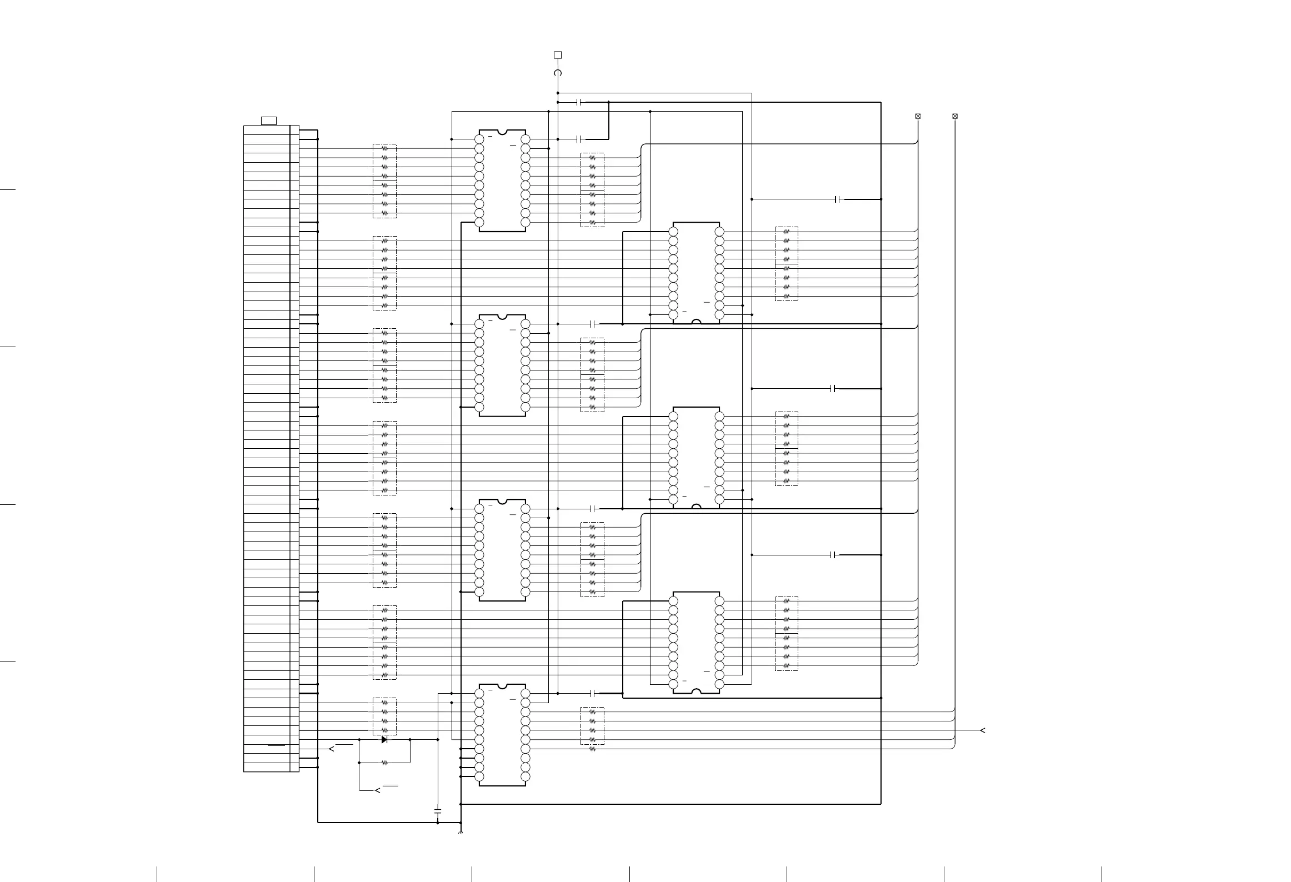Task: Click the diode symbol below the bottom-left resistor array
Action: pyautogui.click(x=384, y=740)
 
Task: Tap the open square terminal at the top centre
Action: pyautogui.click(x=558, y=55)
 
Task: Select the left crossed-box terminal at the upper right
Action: pyautogui.click(x=918, y=116)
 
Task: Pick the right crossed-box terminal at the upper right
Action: pyautogui.click(x=955, y=116)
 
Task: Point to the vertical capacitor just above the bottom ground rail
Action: pyautogui.click(x=438, y=811)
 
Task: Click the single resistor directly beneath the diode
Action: pyautogui.click(x=384, y=763)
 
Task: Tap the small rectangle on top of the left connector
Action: pyautogui.click(x=269, y=121)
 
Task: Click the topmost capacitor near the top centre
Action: pyautogui.click(x=581, y=102)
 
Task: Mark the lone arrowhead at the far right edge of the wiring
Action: pyautogui.click(x=982, y=730)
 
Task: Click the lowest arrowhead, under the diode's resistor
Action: pyautogui.click(x=378, y=790)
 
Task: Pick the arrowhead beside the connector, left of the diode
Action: pyautogui.click(x=332, y=749)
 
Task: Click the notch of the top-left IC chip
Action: pyautogui.click(x=502, y=132)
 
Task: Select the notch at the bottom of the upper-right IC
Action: pyautogui.click(x=696, y=322)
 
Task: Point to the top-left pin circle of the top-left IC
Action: pyautogui.click(x=479, y=139)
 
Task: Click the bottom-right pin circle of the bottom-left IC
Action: pyautogui.click(x=526, y=777)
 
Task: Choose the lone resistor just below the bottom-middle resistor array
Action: pyautogui.click(x=592, y=749)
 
